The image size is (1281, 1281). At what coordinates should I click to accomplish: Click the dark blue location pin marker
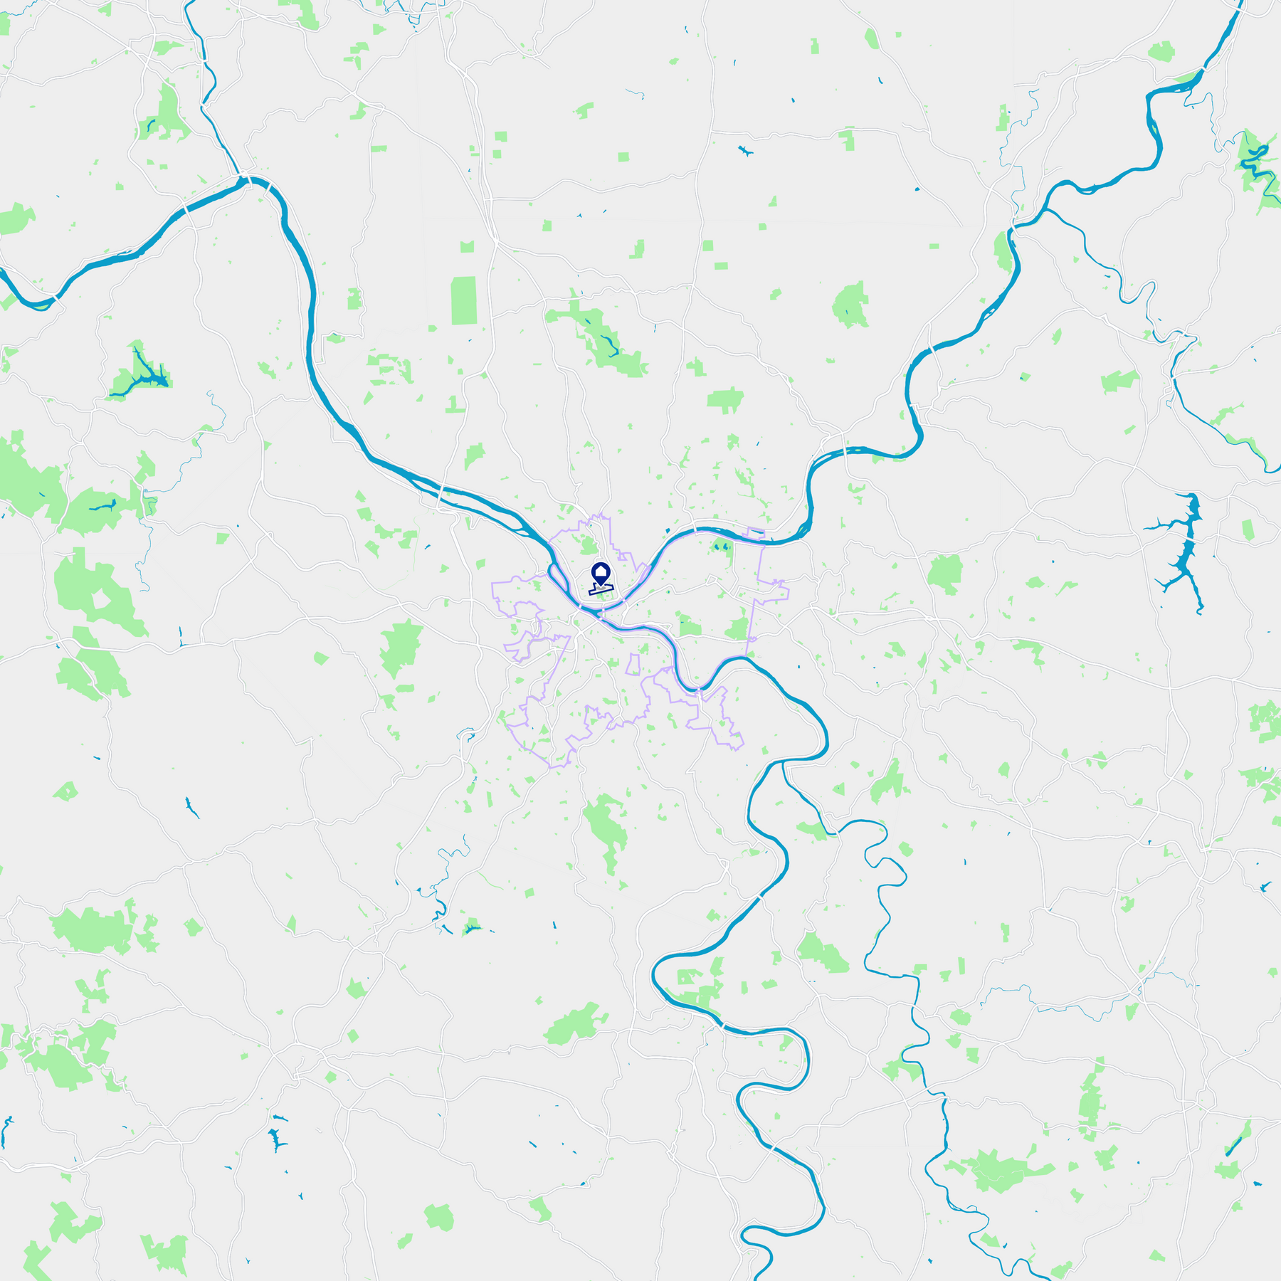pos(601,574)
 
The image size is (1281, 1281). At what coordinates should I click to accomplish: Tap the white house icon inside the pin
pos(601,571)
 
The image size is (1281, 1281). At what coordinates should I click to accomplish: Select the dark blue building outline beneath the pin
pos(600,590)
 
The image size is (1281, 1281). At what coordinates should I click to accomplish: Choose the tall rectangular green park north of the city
pos(464,300)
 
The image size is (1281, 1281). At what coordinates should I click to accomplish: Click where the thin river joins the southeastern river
pos(783,763)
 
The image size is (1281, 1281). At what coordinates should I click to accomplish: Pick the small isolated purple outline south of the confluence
pos(632,665)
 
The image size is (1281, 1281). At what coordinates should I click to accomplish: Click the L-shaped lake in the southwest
pos(275,1139)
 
